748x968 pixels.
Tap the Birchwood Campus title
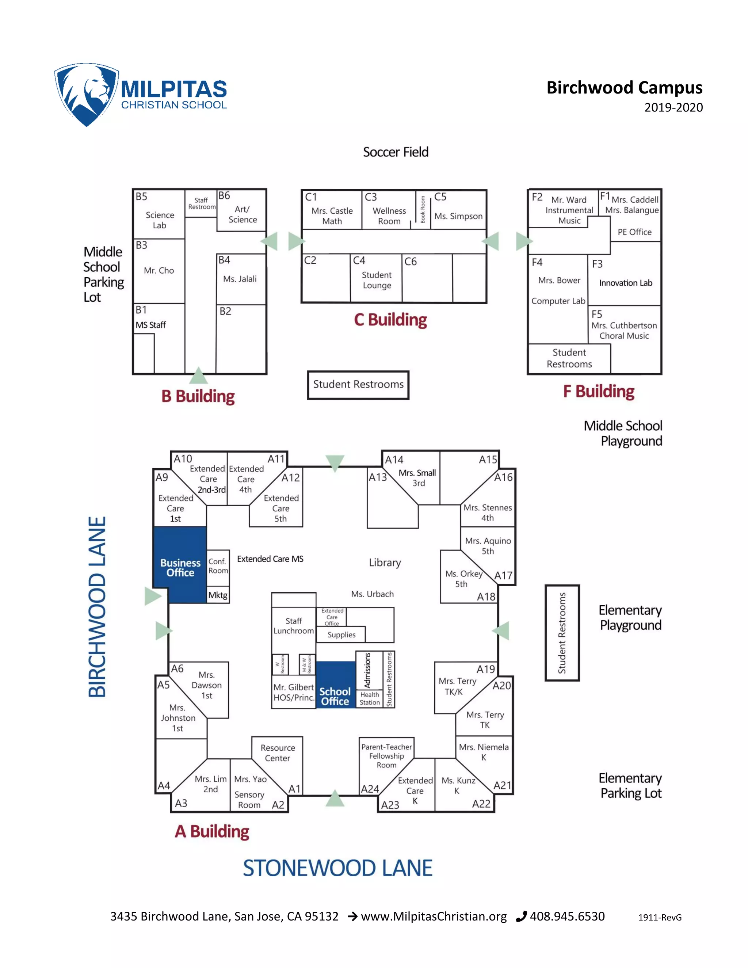pyautogui.click(x=624, y=88)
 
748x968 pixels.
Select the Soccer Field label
pyautogui.click(x=395, y=152)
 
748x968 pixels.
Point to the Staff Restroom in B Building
pyautogui.click(x=201, y=203)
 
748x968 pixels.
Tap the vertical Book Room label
pyautogui.click(x=423, y=209)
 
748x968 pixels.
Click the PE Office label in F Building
pyautogui.click(x=634, y=232)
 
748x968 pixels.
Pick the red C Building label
pyautogui.click(x=390, y=320)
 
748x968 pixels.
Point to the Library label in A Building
pyautogui.click(x=385, y=563)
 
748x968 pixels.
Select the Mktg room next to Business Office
pyautogui.click(x=218, y=595)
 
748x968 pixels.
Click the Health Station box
pyautogui.click(x=369, y=698)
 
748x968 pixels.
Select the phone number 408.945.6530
pyautogui.click(x=567, y=916)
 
